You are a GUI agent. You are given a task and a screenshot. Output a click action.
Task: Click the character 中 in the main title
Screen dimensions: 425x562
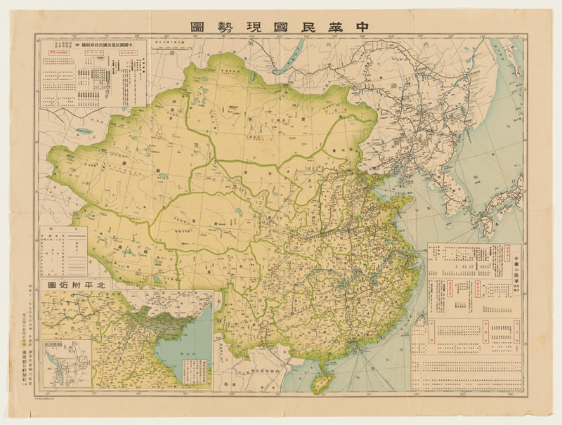coord(363,26)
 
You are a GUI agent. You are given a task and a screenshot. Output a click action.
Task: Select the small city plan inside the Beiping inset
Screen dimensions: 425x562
coord(68,362)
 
